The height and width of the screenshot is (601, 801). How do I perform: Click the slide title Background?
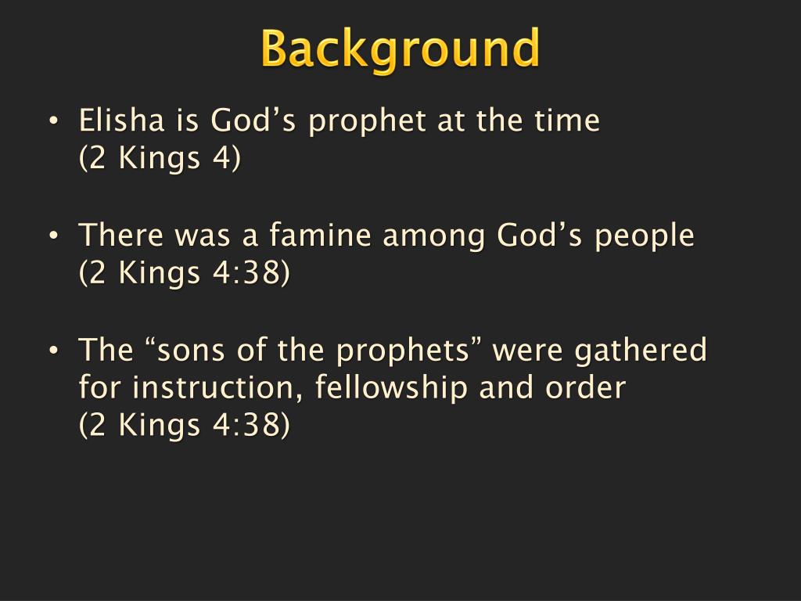400,49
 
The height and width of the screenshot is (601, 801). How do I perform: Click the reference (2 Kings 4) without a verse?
160,159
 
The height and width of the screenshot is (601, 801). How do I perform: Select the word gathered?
640,351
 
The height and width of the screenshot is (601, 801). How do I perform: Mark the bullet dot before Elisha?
52,122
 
